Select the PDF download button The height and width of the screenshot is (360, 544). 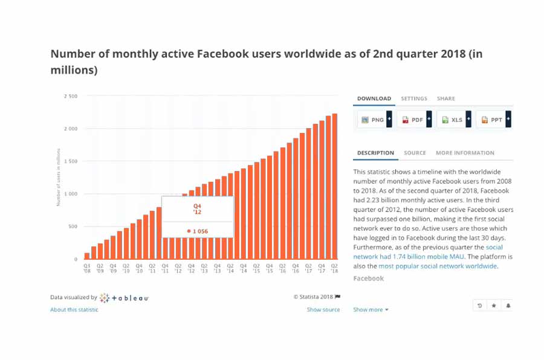pyautogui.click(x=414, y=120)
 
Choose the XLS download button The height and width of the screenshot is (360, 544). pyautogui.click(x=453, y=120)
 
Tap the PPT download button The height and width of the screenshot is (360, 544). pyautogui.click(x=493, y=120)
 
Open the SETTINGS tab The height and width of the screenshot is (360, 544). pyautogui.click(x=414, y=98)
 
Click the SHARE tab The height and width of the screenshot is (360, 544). pyautogui.click(x=446, y=98)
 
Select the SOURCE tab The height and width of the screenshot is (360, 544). pyautogui.click(x=415, y=153)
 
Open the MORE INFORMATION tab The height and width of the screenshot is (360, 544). pyautogui.click(x=465, y=153)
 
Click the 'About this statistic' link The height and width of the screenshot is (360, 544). pyautogui.click(x=74, y=310)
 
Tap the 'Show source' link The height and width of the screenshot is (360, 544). pyautogui.click(x=323, y=310)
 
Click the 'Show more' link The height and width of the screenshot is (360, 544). pyautogui.click(x=371, y=310)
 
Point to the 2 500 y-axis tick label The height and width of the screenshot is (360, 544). pyautogui.click(x=71, y=96)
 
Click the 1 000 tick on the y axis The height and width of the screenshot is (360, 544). pyautogui.click(x=71, y=194)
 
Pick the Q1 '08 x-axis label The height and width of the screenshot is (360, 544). pyautogui.click(x=87, y=268)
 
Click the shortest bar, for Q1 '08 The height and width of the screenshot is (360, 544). pyautogui.click(x=87, y=256)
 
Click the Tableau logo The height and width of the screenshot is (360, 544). pyautogui.click(x=125, y=298)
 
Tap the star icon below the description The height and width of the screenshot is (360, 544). pyautogui.click(x=494, y=306)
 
